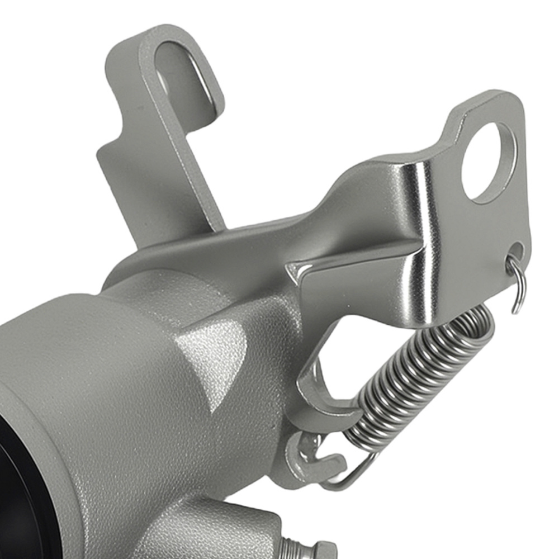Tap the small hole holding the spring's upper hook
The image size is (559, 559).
click(x=515, y=256)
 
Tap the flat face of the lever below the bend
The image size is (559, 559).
click(x=363, y=291)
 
